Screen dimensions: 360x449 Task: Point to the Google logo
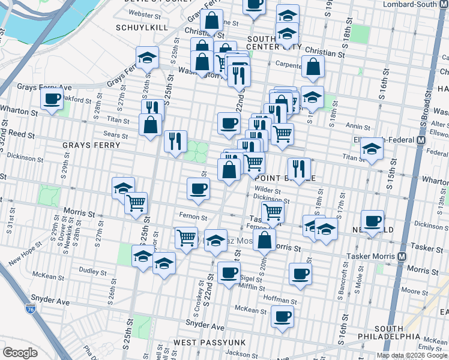tap(20, 353)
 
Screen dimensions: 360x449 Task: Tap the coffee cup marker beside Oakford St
tap(52, 99)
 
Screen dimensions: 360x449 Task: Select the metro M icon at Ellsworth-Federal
tap(421, 139)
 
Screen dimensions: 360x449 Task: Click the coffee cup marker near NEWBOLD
tap(373, 221)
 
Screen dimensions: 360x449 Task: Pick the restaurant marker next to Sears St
tap(175, 141)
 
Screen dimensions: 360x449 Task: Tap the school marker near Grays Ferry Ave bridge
tap(147, 59)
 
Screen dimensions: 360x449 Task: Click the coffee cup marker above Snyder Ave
tap(282, 316)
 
